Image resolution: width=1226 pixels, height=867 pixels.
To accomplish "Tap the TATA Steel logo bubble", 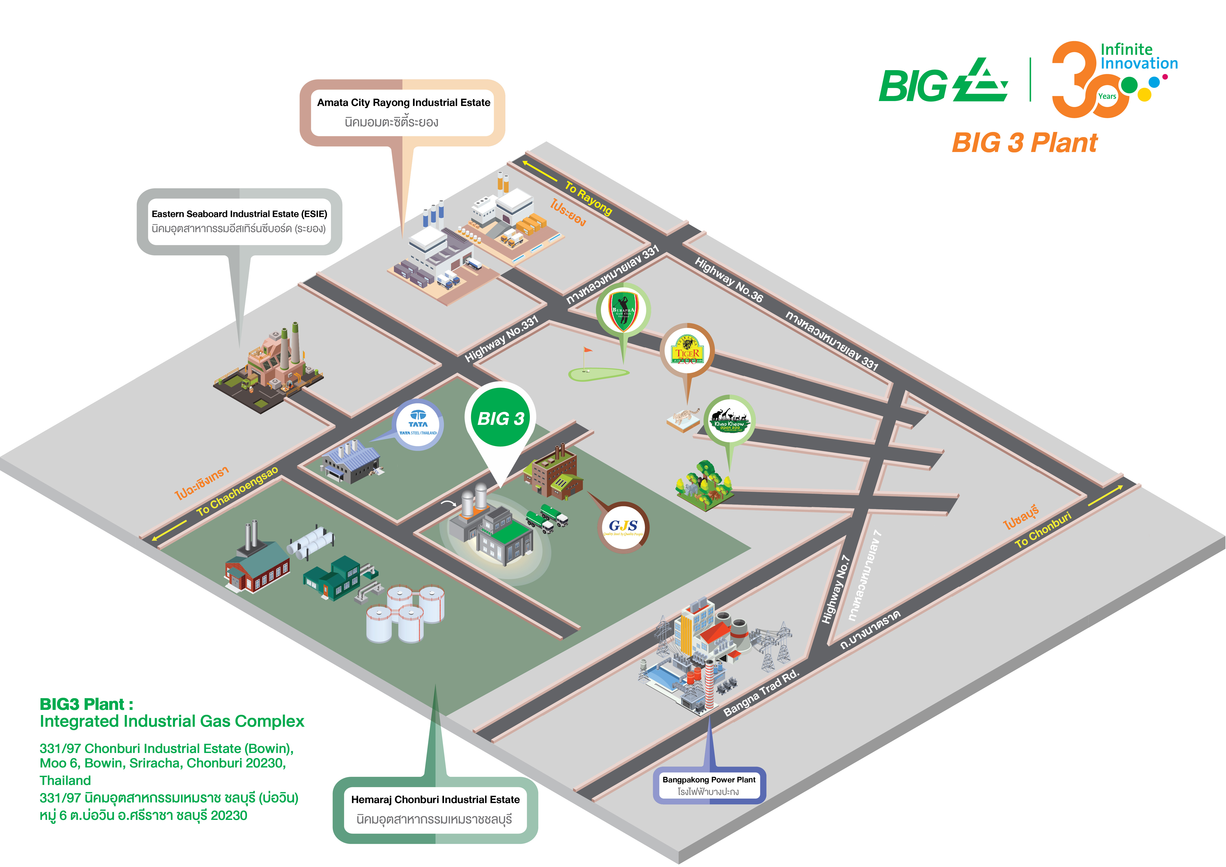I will [x=418, y=425].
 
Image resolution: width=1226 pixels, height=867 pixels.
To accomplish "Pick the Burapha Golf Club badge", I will [x=623, y=310].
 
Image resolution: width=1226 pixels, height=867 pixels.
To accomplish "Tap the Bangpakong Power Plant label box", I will [x=709, y=785].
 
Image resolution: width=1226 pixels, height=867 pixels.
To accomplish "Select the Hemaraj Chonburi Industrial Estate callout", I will [x=435, y=809].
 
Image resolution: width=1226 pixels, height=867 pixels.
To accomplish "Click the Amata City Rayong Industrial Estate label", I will [x=403, y=112].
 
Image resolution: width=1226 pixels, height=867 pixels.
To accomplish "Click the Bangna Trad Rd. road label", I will [x=761, y=693].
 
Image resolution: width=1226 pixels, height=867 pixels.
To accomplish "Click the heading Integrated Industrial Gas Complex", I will [x=172, y=721].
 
